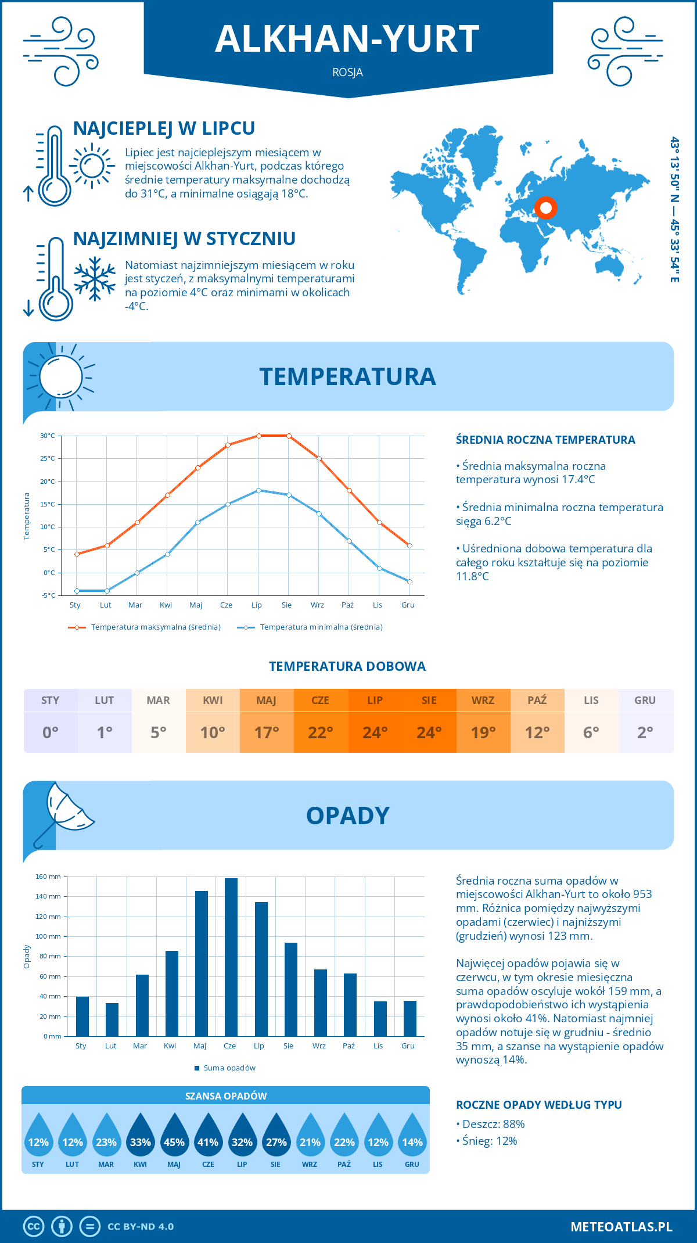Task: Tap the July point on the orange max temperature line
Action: click(258, 436)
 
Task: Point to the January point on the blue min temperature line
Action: click(77, 591)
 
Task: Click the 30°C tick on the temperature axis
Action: click(48, 436)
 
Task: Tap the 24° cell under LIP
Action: click(375, 732)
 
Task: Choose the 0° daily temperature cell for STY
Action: click(51, 732)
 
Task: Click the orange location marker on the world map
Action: click(545, 207)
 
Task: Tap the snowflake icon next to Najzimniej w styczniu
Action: click(95, 278)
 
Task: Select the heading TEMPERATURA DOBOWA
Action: click(347, 667)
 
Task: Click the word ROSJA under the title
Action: click(347, 73)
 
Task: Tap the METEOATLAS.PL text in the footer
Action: click(621, 1227)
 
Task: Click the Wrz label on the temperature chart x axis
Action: click(317, 605)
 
